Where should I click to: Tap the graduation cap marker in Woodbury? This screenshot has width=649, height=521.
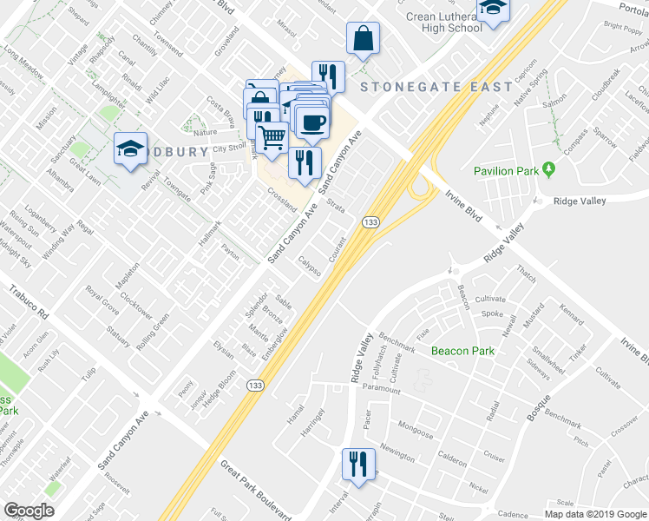pos(130,148)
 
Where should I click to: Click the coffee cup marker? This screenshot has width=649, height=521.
pos(311,122)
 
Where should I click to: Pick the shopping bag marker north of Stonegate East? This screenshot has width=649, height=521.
pos(363,38)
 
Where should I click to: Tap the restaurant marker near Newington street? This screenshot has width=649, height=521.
pos(357,465)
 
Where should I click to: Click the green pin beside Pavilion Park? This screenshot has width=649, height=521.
pos(548,168)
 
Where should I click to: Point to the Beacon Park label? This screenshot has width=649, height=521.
pos(463,351)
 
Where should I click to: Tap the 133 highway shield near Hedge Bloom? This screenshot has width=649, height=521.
pos(255,388)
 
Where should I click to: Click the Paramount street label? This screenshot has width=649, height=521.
pos(382,391)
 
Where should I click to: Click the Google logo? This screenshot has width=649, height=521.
pos(29,511)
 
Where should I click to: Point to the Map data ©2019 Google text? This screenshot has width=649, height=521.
pos(595,514)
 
